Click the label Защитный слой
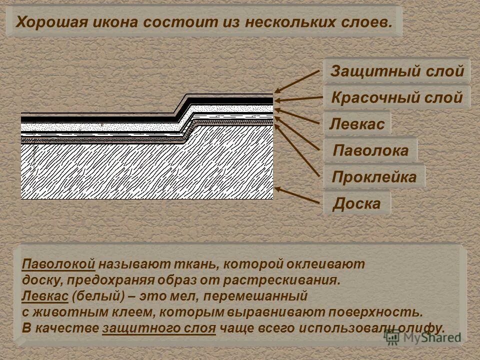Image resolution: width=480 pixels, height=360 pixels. coord(397,71)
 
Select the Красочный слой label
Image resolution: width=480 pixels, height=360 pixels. coord(397,97)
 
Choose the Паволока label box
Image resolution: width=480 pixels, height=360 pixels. coord(370,150)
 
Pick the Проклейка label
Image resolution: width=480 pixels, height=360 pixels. coord(374,176)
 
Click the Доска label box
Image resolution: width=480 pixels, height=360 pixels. coord(356,203)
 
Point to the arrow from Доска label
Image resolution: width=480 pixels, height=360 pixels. coord(297,195)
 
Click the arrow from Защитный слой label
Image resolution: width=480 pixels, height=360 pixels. coord(297,81)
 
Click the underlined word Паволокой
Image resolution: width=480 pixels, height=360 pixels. coord(58,263)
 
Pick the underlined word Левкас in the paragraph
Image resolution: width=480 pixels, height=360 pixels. coord(45,295)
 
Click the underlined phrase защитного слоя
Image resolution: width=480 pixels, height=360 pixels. coord(159,328)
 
